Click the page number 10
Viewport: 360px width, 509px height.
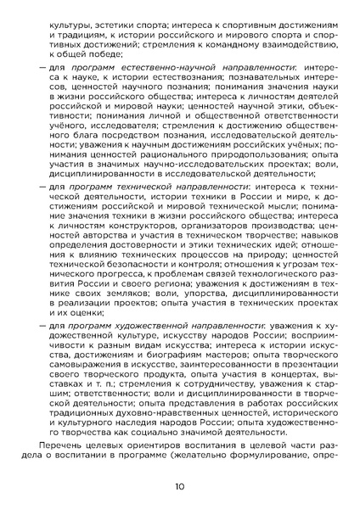(180, 486)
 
